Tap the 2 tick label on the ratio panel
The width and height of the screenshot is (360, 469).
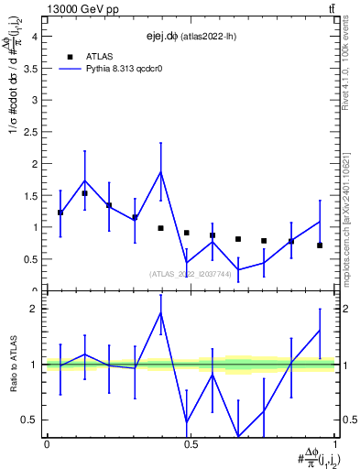coord(36,309)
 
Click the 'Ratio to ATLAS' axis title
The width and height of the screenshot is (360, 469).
coord(12,365)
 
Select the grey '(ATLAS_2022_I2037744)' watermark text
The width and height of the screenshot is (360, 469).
coord(190,273)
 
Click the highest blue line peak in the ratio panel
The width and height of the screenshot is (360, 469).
coord(160,312)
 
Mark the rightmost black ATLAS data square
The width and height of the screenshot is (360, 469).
coord(320,245)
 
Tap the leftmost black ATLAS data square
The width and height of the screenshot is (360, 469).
coord(60,213)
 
